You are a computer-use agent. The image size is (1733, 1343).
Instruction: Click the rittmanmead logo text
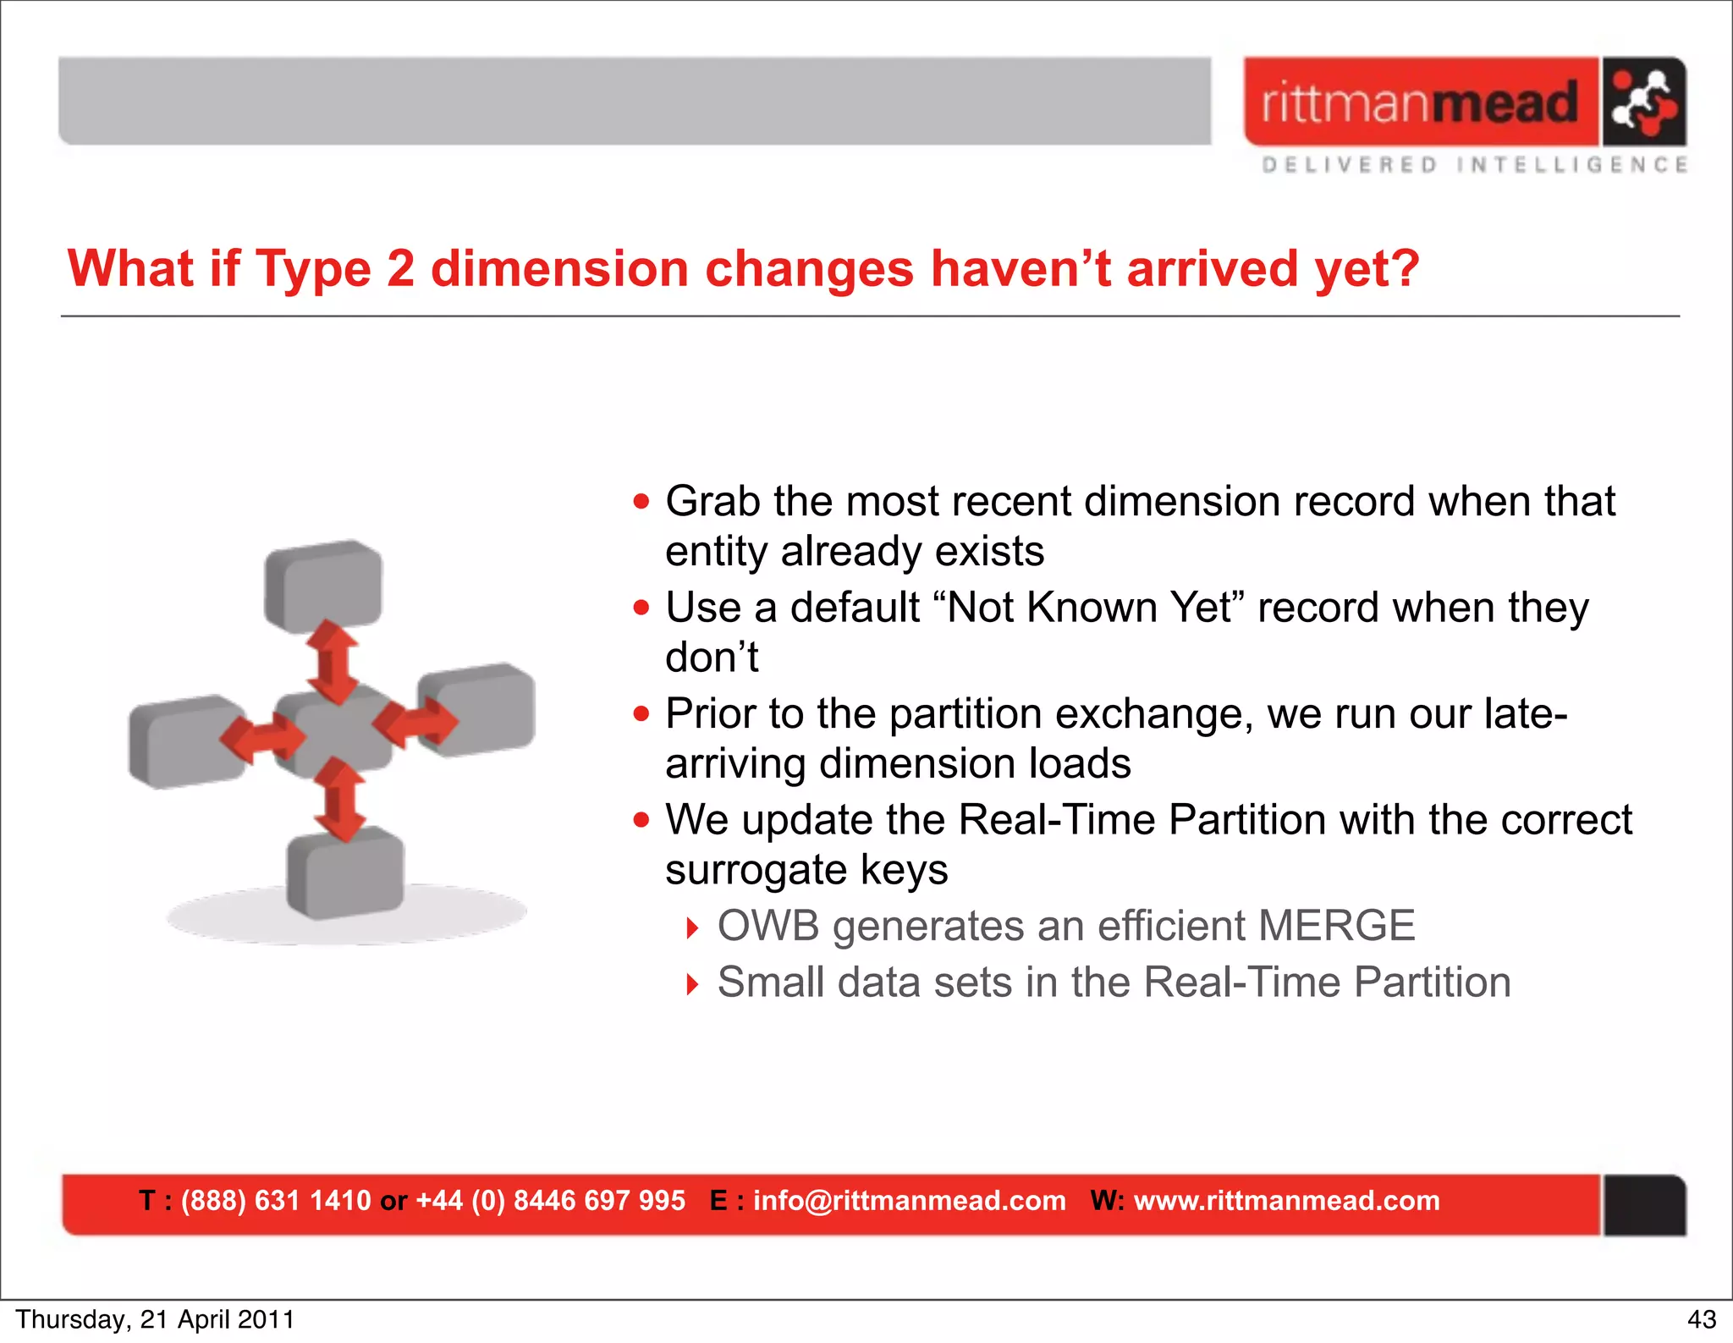tap(1420, 102)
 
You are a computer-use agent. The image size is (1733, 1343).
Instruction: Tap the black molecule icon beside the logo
tap(1643, 102)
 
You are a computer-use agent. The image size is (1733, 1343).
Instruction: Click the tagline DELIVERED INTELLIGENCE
tap(1474, 164)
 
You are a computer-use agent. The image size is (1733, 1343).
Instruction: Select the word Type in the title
tap(313, 269)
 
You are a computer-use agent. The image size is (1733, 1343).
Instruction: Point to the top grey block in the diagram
tap(324, 584)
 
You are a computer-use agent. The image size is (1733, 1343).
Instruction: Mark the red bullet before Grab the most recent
tap(642, 502)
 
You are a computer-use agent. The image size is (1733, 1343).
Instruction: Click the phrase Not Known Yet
tap(1092, 608)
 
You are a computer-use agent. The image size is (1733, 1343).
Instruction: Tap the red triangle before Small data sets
tap(692, 984)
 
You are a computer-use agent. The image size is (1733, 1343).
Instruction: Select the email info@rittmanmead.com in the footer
tap(909, 1201)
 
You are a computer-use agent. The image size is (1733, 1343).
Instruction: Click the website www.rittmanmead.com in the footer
tap(1286, 1201)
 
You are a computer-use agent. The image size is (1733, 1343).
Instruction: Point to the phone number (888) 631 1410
tap(276, 1201)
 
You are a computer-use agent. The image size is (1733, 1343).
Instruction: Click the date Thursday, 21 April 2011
tap(155, 1319)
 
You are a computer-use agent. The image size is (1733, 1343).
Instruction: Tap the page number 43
tap(1701, 1319)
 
